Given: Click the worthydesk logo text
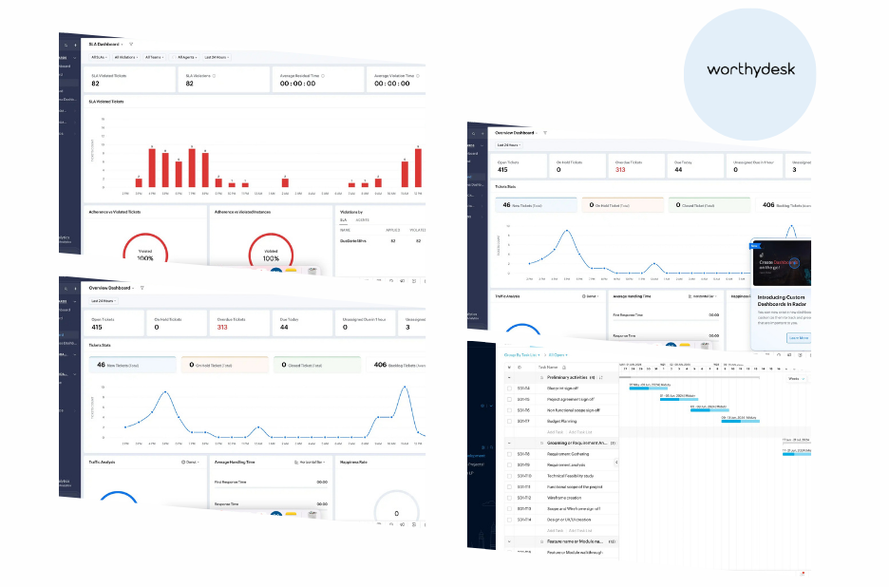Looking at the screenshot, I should pos(750,69).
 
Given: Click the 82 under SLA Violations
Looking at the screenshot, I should pos(190,84).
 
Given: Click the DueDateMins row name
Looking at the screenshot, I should pos(353,240).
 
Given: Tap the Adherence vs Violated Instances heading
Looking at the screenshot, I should pos(248,212).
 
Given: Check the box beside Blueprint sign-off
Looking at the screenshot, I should pos(511,388).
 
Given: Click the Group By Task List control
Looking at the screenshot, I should pos(521,354).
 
